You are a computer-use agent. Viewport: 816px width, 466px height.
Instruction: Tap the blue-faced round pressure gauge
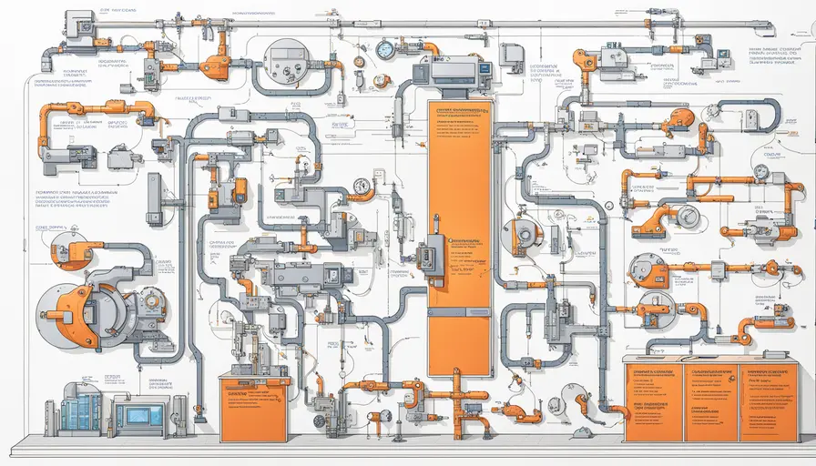tap(385, 48)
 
